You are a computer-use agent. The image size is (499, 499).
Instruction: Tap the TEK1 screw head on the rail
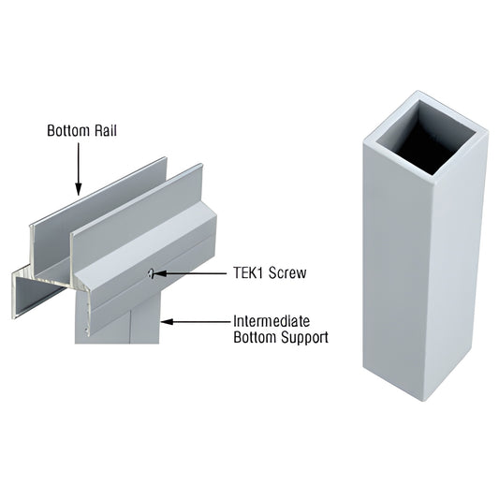click(150, 273)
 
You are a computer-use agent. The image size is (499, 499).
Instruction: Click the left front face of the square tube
click(392, 272)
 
